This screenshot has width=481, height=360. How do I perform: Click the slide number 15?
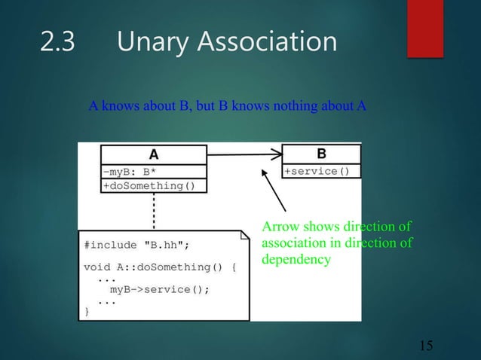point(426,346)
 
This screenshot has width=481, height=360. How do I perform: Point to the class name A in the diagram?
point(154,154)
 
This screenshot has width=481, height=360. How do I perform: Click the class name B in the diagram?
point(321,154)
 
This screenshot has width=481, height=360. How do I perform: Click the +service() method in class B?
point(317,171)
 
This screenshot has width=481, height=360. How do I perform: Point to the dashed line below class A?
point(154,211)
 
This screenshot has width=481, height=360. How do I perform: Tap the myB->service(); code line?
point(159,288)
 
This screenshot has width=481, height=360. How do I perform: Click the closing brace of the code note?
point(87,310)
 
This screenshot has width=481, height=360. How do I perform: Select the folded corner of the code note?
point(244,236)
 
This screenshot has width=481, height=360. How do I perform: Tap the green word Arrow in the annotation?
point(277,227)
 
